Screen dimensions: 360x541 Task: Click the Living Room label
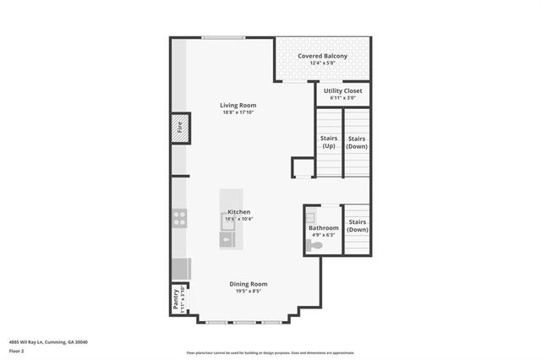[x=238, y=104]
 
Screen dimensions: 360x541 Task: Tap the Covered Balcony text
[x=322, y=56]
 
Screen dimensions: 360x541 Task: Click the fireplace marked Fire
[x=179, y=128]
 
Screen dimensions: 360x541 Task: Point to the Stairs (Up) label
[x=328, y=142]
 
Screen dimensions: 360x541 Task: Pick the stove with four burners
[x=179, y=217]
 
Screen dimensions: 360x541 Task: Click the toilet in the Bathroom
[x=315, y=245]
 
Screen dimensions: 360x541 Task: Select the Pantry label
[x=176, y=300]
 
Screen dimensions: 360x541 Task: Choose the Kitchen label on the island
[x=238, y=211]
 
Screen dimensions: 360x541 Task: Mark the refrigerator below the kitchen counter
[x=180, y=268]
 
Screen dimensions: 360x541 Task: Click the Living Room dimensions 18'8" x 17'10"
[x=238, y=112]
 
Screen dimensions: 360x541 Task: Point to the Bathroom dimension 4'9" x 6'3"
[x=324, y=235]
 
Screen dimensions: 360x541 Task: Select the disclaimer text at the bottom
[x=270, y=353]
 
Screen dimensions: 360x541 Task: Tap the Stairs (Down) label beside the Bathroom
[x=358, y=226]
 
